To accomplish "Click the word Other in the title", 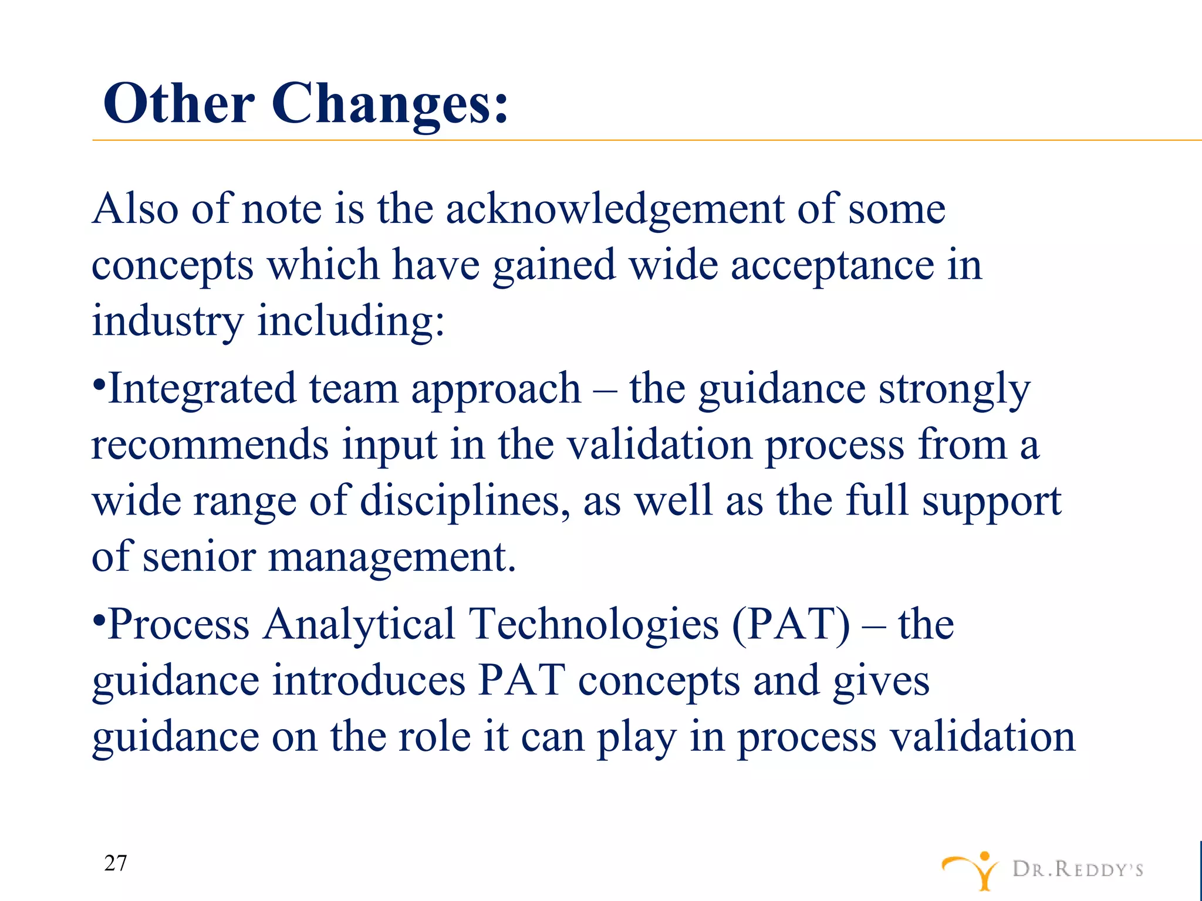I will tap(179, 103).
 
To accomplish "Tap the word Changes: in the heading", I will tap(390, 104).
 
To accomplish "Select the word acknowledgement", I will tap(614, 209).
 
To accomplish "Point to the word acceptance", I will tap(832, 266).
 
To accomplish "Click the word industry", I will tap(167, 322).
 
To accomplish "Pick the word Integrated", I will tap(202, 389).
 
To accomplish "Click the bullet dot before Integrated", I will tap(99, 387).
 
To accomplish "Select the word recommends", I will tap(210, 445).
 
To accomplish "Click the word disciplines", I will tap(464, 502).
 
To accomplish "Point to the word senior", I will tap(200, 557).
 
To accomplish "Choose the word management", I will tap(391, 558).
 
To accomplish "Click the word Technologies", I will tap(593, 624).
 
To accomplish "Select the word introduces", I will tap(369, 680).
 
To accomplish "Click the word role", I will tap(435, 737).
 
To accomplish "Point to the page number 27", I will tap(115, 863).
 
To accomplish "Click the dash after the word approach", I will tap(605, 390).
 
